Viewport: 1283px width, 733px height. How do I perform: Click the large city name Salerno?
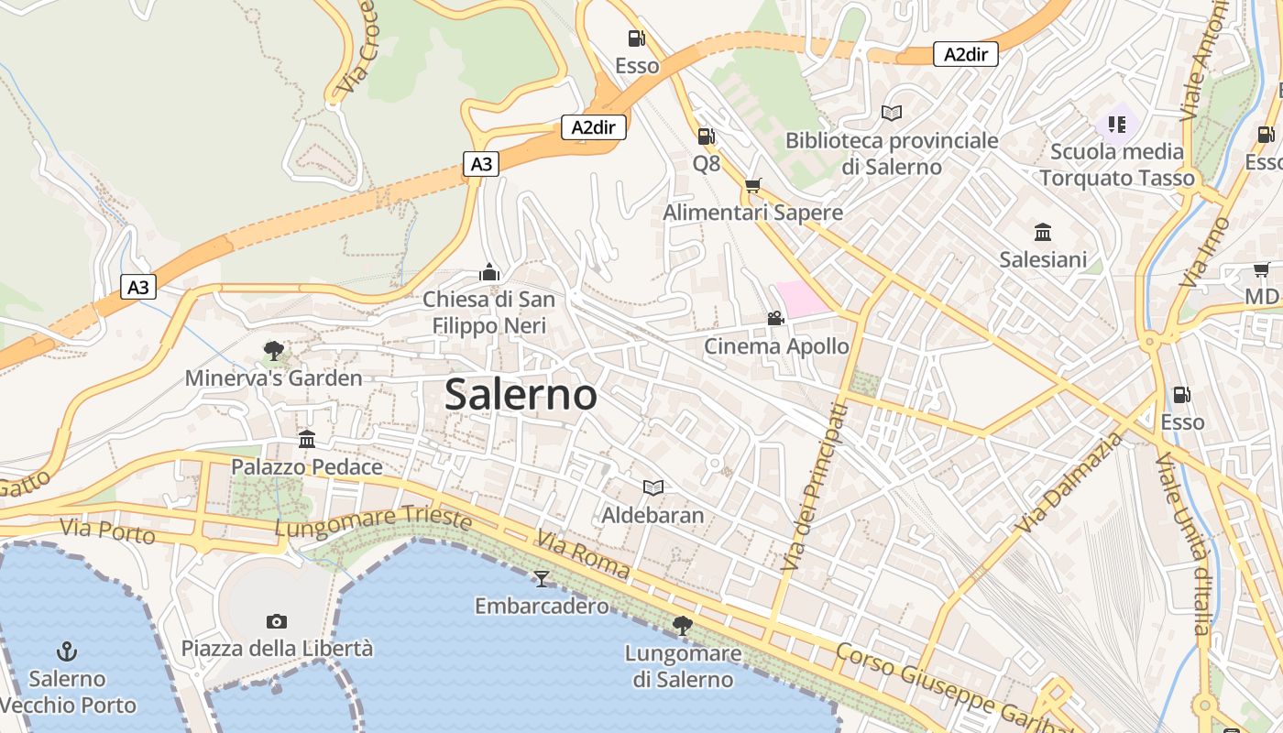[521, 395]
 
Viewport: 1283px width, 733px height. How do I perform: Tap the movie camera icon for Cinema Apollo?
[775, 318]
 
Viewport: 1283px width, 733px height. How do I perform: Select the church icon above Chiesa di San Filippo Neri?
[489, 272]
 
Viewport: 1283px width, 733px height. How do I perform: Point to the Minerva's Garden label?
[273, 377]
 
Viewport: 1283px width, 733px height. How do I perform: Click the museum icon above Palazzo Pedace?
[307, 440]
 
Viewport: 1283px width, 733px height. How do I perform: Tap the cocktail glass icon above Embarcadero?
[542, 578]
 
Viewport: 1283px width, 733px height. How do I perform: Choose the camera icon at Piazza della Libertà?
[277, 621]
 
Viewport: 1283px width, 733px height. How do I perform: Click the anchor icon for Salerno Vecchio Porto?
[67, 651]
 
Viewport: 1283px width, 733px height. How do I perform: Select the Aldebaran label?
[652, 515]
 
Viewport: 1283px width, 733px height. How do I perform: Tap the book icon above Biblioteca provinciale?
[892, 113]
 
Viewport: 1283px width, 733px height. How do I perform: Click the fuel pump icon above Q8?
[706, 137]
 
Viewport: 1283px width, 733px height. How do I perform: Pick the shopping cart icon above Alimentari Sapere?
[753, 185]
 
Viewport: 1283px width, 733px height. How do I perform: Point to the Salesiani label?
[1043, 259]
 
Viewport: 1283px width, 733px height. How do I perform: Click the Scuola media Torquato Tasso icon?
[1116, 123]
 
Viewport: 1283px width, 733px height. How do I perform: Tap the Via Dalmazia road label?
[1069, 484]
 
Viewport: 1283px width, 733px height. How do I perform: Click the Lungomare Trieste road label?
[373, 522]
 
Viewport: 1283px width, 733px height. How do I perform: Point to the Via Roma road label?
[583, 555]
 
